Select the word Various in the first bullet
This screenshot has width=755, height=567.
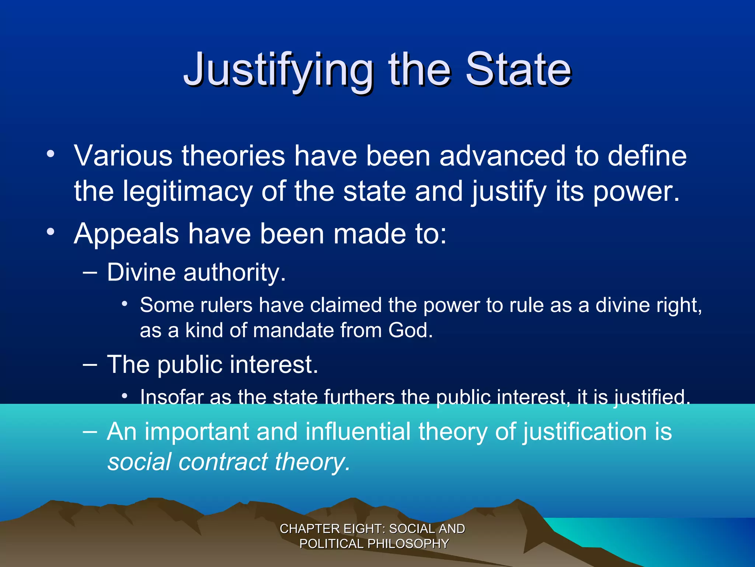tap(123, 156)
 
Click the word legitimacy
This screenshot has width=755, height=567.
tap(187, 191)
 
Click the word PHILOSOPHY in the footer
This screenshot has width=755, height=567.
tap(408, 544)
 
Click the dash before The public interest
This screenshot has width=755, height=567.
tap(90, 364)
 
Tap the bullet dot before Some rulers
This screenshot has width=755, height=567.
tap(125, 304)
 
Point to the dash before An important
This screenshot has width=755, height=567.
tap(90, 431)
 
